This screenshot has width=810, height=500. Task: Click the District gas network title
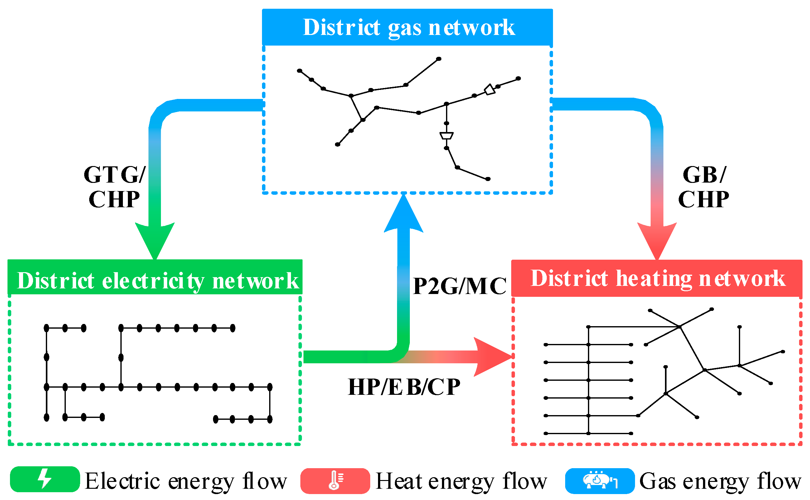pyautogui.click(x=409, y=27)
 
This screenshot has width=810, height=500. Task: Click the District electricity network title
pyautogui.click(x=158, y=281)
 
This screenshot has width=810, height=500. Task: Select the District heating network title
pyautogui.click(x=658, y=278)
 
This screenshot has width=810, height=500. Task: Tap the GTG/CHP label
pyautogui.click(x=114, y=187)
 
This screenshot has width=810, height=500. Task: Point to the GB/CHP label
pyautogui.click(x=704, y=187)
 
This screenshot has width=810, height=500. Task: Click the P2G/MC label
pyautogui.click(x=460, y=287)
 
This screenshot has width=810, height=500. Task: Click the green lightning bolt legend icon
pyautogui.click(x=45, y=479)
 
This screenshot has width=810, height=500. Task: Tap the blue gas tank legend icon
pyautogui.click(x=599, y=480)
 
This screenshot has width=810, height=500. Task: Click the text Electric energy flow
pyautogui.click(x=186, y=481)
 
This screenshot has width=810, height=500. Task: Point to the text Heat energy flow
pyautogui.click(x=461, y=481)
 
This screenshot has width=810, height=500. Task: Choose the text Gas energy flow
pyautogui.click(x=720, y=481)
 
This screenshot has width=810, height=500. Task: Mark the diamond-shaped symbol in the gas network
pyautogui.click(x=489, y=90)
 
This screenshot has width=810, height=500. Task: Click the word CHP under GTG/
pyautogui.click(x=114, y=200)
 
